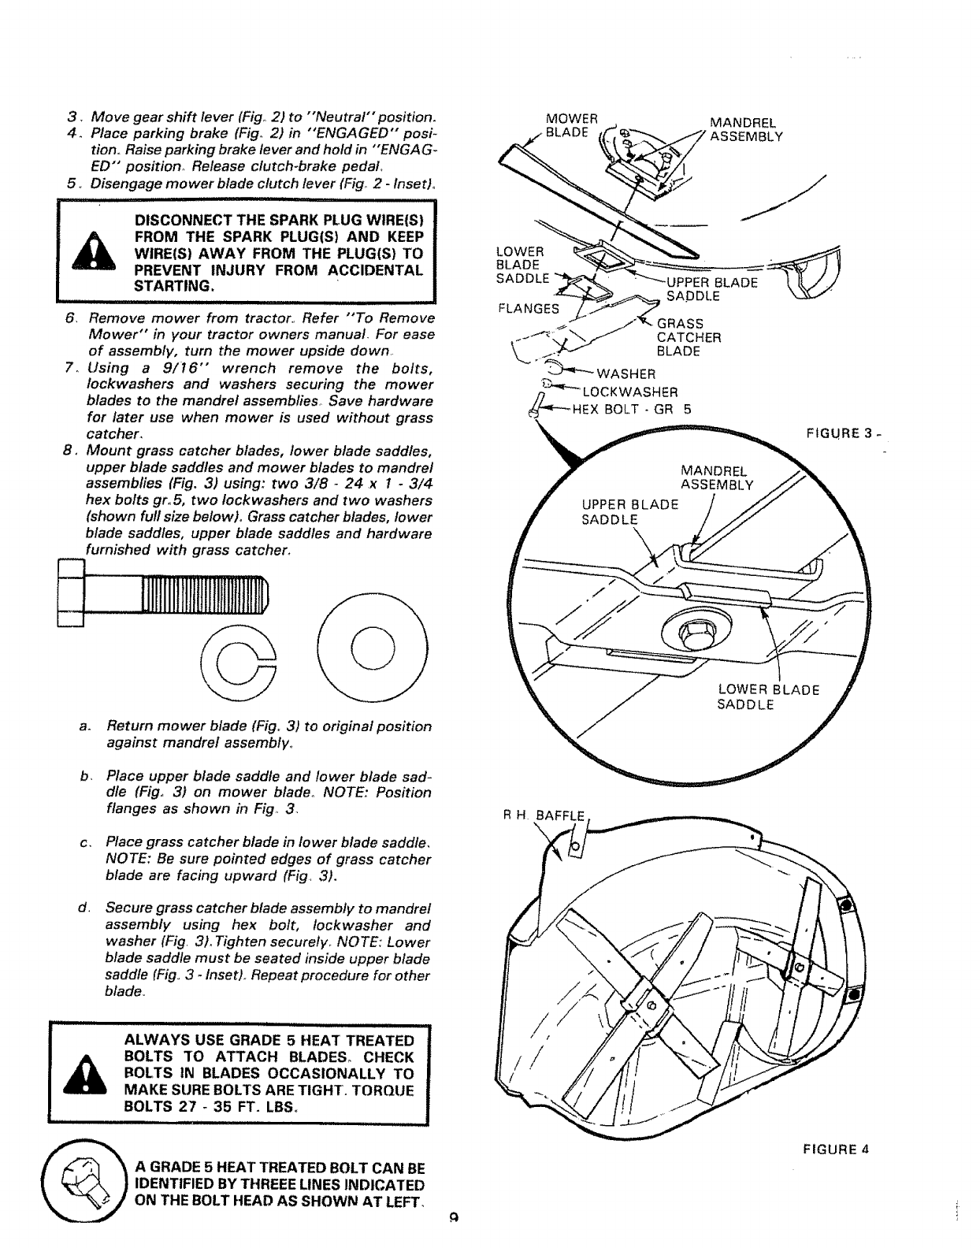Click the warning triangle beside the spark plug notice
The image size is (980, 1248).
tap(94, 253)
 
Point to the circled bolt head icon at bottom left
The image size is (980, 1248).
tap(84, 1187)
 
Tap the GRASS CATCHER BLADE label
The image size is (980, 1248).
tap(689, 337)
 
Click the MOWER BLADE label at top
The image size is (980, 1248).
tap(573, 126)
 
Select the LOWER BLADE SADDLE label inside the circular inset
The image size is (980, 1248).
tap(768, 696)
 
